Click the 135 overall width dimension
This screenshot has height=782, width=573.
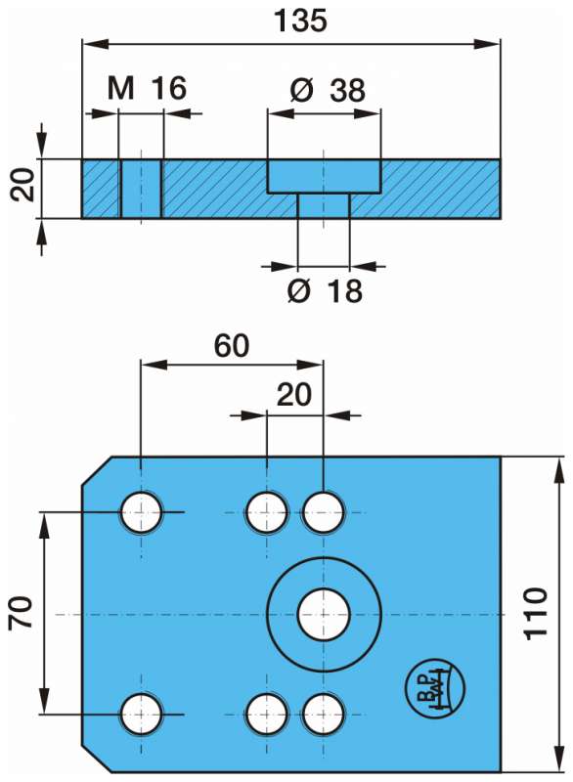click(300, 21)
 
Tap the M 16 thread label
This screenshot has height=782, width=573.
click(147, 88)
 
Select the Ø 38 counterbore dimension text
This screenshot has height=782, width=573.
click(328, 90)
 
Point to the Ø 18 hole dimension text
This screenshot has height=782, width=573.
click(325, 290)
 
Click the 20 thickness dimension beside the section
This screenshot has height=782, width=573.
click(22, 185)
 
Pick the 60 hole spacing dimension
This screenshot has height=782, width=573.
click(232, 346)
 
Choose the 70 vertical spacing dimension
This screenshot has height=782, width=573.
click(21, 612)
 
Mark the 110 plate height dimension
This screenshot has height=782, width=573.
click(536, 614)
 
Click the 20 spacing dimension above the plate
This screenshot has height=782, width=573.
click(294, 395)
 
